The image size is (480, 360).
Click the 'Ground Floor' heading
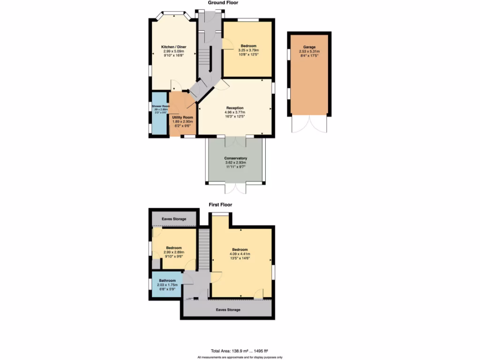tap(223, 3)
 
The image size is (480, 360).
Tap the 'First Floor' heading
tap(220, 204)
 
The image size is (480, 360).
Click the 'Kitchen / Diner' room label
tap(173, 47)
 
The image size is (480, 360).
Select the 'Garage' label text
tap(309, 47)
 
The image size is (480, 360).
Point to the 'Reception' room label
tap(234, 108)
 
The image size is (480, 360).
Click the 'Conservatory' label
tap(235, 158)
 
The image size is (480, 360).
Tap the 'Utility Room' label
tap(182, 117)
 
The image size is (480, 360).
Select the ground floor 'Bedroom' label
tap(248, 46)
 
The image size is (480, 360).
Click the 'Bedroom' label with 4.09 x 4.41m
tap(240, 249)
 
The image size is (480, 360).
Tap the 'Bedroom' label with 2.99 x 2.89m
tap(174, 247)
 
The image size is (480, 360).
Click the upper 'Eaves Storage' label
tap(173, 219)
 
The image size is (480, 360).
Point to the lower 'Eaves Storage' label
tap(228, 310)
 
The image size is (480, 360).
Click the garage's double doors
tap(309, 124)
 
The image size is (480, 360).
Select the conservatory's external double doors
tap(235, 188)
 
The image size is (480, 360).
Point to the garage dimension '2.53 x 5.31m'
tap(309, 52)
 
